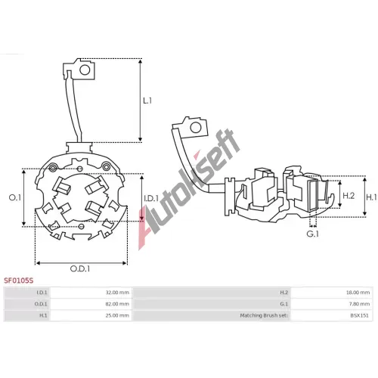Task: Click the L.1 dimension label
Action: point(147,101)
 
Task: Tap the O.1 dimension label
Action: point(15,197)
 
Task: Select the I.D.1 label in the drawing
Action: point(151,198)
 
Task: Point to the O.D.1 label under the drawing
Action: point(80,269)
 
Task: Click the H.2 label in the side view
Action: point(349,196)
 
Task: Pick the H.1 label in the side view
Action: point(371,197)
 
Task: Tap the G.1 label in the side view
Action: point(313,234)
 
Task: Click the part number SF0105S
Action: point(18,280)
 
